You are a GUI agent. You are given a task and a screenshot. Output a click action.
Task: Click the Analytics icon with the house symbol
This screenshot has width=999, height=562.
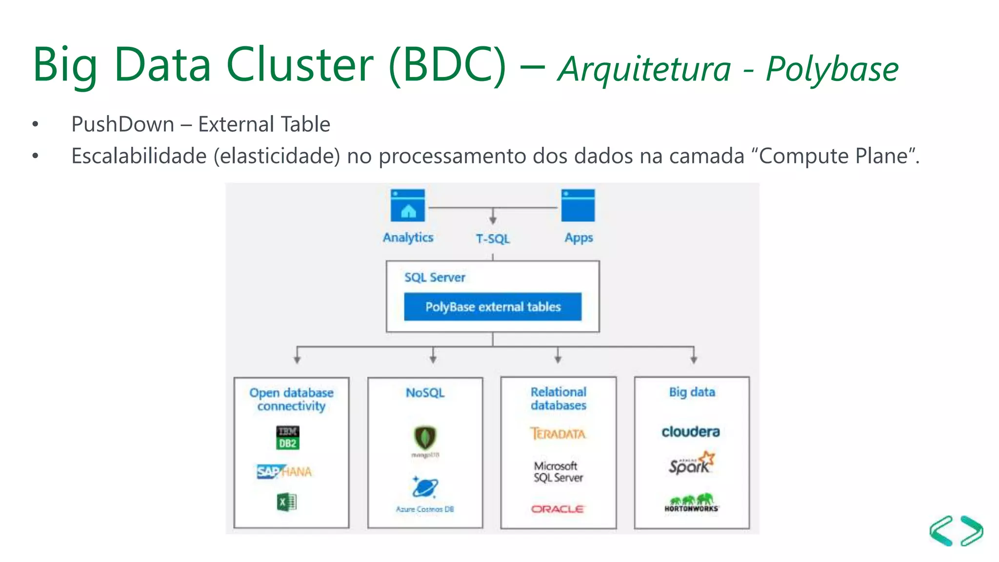tap(408, 205)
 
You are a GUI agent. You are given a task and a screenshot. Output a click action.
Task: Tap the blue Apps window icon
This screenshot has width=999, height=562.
tap(578, 205)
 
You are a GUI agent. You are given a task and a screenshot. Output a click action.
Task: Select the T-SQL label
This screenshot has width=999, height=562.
tap(493, 239)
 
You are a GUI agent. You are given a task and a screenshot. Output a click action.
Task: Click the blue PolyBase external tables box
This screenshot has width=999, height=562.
tap(493, 307)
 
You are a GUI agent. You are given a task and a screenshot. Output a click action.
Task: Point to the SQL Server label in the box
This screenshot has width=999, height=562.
tap(435, 278)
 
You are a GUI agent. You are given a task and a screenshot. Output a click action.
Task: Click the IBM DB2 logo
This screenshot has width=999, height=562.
tap(288, 438)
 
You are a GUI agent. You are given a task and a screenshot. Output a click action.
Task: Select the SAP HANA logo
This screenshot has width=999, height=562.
tap(284, 472)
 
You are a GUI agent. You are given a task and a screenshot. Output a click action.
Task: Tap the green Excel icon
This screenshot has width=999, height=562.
tap(287, 502)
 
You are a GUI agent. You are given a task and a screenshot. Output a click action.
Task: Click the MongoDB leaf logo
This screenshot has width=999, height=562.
tap(425, 438)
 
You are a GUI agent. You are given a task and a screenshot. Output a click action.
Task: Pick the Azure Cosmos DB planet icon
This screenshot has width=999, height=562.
tap(425, 487)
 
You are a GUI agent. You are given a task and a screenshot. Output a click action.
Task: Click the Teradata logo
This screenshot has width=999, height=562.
tap(558, 433)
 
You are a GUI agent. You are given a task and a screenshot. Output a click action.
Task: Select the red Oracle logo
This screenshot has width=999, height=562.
tap(558, 509)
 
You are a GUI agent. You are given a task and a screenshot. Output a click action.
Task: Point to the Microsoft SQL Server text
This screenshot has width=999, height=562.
tap(558, 472)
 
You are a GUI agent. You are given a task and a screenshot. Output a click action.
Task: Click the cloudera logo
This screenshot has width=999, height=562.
tap(691, 432)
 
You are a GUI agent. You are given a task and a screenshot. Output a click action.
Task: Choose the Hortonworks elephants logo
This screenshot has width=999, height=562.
tap(691, 502)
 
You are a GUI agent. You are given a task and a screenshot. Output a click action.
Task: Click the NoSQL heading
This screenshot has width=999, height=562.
tap(425, 393)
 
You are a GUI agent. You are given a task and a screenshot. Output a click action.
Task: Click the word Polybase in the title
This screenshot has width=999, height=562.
tap(832, 69)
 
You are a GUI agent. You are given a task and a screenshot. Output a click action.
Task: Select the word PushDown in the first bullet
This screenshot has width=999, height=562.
tap(123, 124)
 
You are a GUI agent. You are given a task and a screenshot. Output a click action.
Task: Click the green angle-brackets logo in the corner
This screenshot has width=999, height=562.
tap(956, 531)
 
